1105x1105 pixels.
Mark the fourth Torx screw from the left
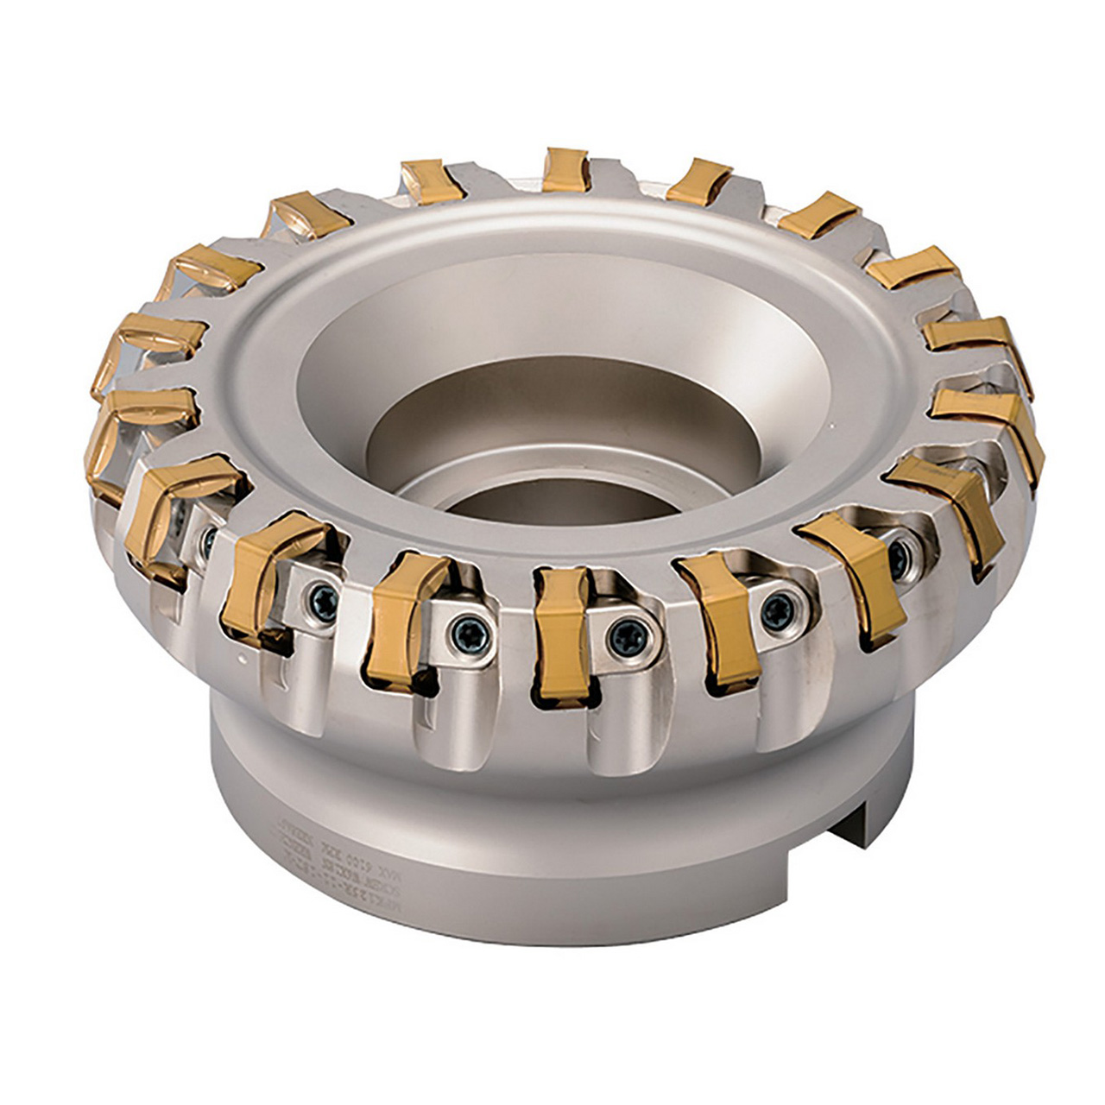point(623,637)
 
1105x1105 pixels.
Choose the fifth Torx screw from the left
point(776,609)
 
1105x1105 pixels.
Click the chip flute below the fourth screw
point(617,725)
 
